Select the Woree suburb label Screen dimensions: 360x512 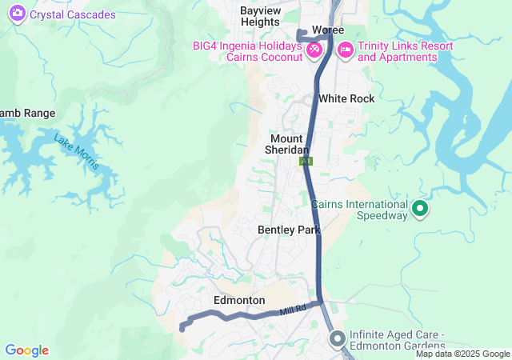pyautogui.click(x=328, y=30)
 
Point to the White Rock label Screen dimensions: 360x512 pyautogui.click(x=346, y=98)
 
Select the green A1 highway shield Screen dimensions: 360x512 pyautogui.click(x=306, y=161)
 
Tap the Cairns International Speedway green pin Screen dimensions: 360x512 pyautogui.click(x=420, y=210)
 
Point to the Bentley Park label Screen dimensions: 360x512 pyautogui.click(x=289, y=230)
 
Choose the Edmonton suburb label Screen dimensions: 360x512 pyautogui.click(x=239, y=300)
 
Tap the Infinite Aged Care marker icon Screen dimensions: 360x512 pyautogui.click(x=337, y=339)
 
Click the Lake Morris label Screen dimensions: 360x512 pyautogui.click(x=77, y=151)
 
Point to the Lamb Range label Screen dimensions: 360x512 pyautogui.click(x=27, y=113)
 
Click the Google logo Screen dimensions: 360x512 pyautogui.click(x=26, y=350)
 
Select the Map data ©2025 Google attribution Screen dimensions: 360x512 pyautogui.click(x=462, y=354)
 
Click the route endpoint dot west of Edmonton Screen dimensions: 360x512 pyautogui.click(x=182, y=327)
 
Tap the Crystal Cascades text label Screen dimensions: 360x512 pyautogui.click(x=73, y=14)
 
